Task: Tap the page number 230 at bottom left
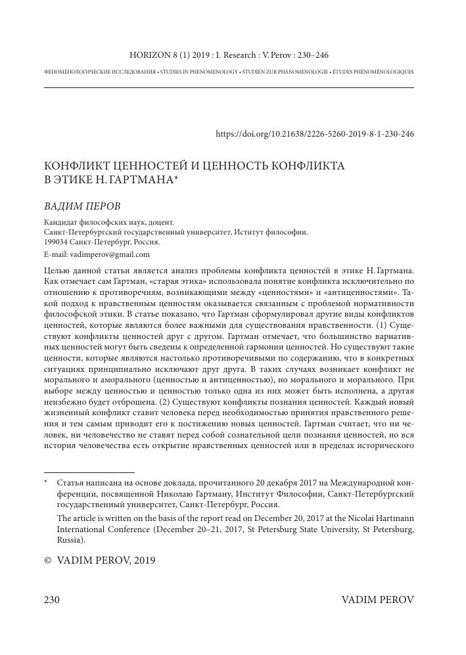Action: [52, 600]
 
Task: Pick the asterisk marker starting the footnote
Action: [46, 483]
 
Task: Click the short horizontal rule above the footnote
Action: [89, 472]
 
